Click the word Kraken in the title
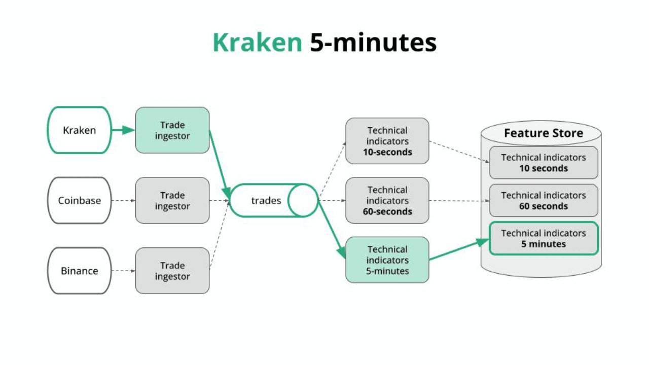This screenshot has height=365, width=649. tap(257, 43)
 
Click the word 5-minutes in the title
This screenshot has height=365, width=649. tap(373, 43)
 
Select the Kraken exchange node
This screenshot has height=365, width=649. tap(79, 130)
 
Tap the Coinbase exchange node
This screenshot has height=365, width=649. tap(79, 200)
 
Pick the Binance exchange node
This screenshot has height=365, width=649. tap(79, 271)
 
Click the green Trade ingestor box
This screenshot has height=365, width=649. tap(172, 130)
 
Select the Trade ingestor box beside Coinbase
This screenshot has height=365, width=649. tap(172, 200)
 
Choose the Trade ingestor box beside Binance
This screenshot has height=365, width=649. tap(172, 271)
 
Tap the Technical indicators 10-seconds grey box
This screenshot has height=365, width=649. tap(387, 141)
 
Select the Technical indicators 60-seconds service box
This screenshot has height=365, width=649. tap(387, 200)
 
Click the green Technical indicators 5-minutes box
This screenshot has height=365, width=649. tap(387, 260)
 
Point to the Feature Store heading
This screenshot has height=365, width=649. tap(543, 133)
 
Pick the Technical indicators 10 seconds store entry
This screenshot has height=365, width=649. tap(544, 163)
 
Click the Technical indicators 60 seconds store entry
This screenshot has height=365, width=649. tap(544, 200)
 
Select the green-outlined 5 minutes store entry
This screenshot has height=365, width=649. tap(544, 238)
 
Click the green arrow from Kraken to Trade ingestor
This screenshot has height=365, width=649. tap(123, 130)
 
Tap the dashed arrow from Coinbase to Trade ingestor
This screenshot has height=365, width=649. tap(123, 200)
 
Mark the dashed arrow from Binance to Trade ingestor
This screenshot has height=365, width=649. tap(123, 271)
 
